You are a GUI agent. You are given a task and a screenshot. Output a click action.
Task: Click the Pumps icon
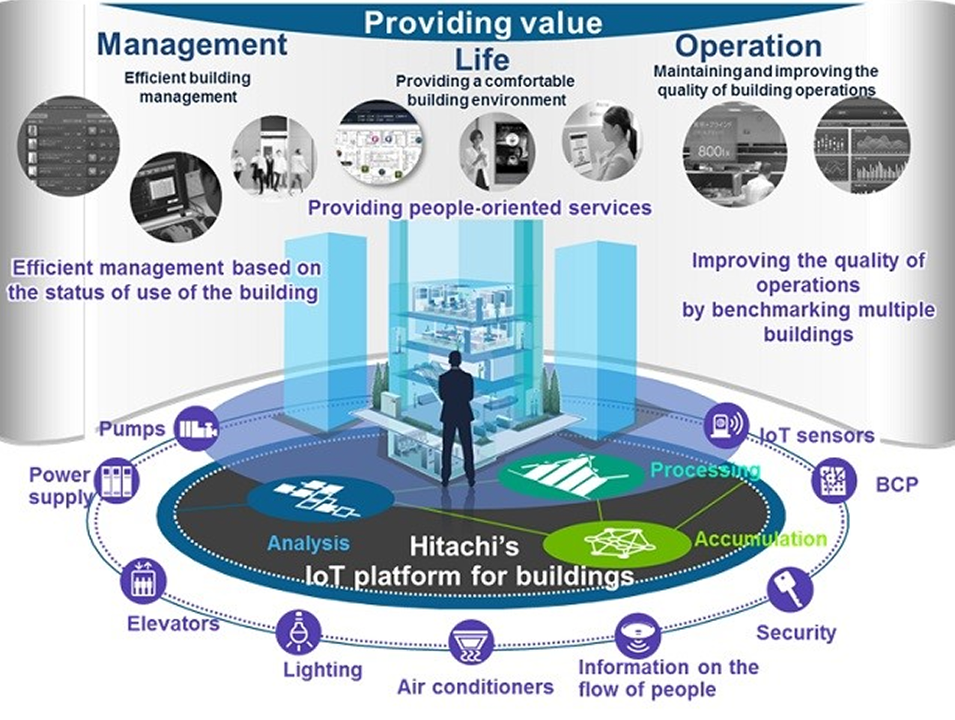coord(196,429)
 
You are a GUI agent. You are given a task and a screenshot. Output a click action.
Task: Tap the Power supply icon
coord(118,480)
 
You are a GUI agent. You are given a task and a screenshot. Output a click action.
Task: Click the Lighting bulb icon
coord(298,632)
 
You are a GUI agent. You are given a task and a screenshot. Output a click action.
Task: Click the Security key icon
coord(789,589)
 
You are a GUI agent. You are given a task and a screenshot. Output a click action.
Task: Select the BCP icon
coord(834,480)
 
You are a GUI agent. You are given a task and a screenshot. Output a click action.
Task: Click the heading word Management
coord(192,44)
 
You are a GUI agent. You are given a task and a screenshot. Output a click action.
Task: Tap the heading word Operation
coord(748,46)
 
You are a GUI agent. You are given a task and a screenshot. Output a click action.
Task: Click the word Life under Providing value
coord(482,59)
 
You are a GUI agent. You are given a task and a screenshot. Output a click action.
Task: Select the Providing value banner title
coord(482,22)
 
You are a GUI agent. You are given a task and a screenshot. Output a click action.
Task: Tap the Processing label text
coord(704,470)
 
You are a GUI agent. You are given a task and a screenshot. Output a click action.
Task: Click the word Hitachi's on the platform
coord(464,546)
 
